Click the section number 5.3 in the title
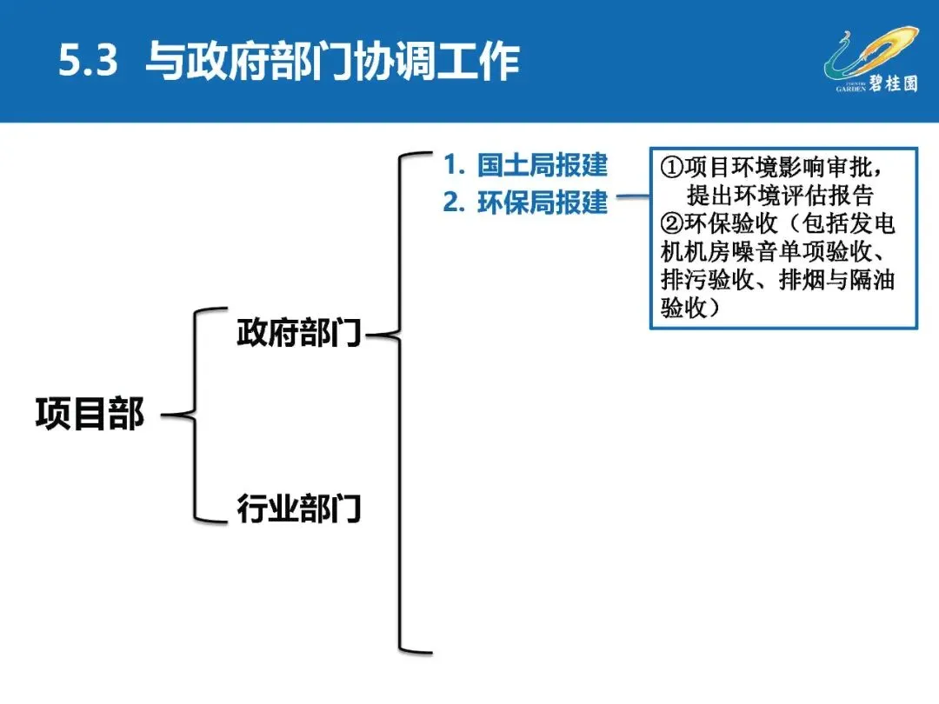pos(87,62)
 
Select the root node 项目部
pos(90,414)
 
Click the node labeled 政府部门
pos(298,333)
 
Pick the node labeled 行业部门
pos(298,508)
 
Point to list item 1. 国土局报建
pos(525,164)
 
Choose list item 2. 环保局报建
pos(525,202)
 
